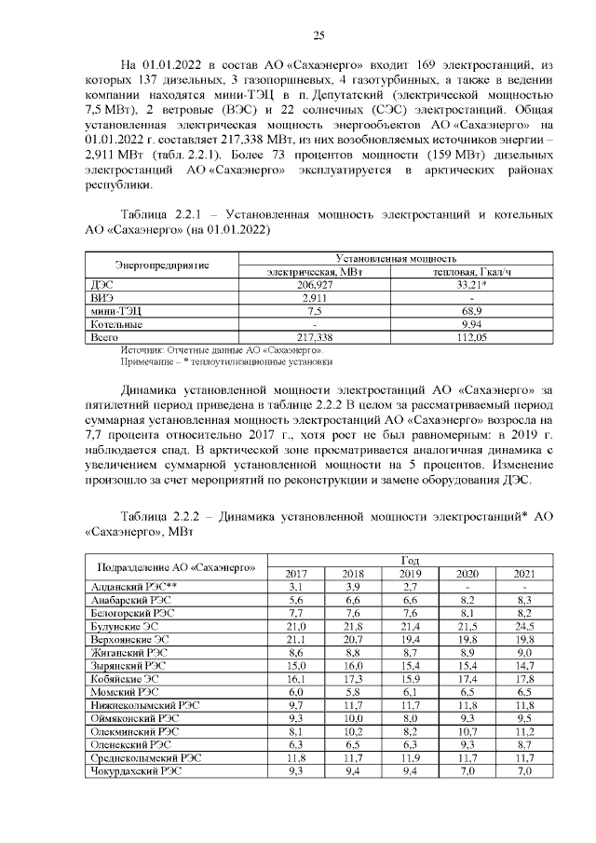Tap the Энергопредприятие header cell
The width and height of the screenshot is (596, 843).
coord(157,265)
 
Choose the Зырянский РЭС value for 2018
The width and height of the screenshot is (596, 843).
coord(353,666)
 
